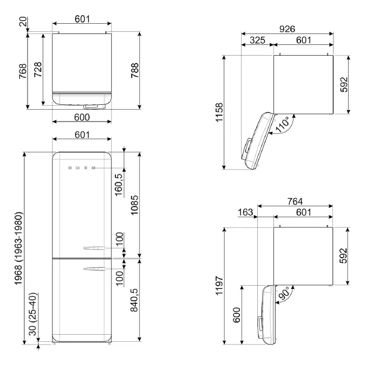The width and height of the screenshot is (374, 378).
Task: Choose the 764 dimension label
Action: [x=295, y=201]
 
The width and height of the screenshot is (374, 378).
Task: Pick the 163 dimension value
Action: [x=245, y=213]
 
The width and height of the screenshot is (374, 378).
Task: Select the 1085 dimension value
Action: [x=136, y=204]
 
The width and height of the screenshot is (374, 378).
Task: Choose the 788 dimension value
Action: [x=136, y=71]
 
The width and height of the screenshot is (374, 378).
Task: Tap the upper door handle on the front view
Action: [x=92, y=248]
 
